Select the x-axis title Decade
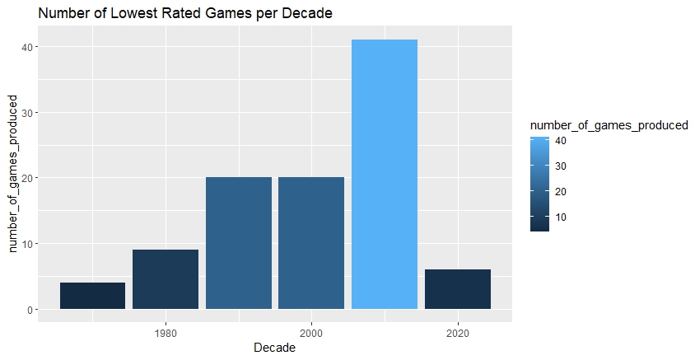[x=275, y=348]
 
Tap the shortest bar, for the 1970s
[x=92, y=296]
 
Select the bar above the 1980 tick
[x=166, y=279]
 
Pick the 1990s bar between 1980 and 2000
[x=239, y=243]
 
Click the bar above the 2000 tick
[x=311, y=243]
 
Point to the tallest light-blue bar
[x=385, y=174]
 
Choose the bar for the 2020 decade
[x=458, y=289]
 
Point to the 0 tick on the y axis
[x=30, y=310]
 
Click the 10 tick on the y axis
[x=27, y=244]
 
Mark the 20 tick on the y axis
[x=27, y=178]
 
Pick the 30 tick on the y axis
[x=27, y=113]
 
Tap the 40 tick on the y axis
[x=27, y=47]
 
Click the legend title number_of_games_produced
[x=609, y=124]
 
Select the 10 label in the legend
[x=561, y=217]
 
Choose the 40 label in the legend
[x=561, y=140]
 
